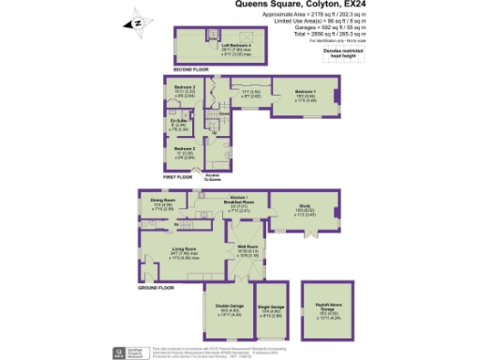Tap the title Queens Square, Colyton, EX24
tap(293, 5)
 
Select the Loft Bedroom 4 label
tap(233, 44)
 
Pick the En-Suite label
tap(179, 120)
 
